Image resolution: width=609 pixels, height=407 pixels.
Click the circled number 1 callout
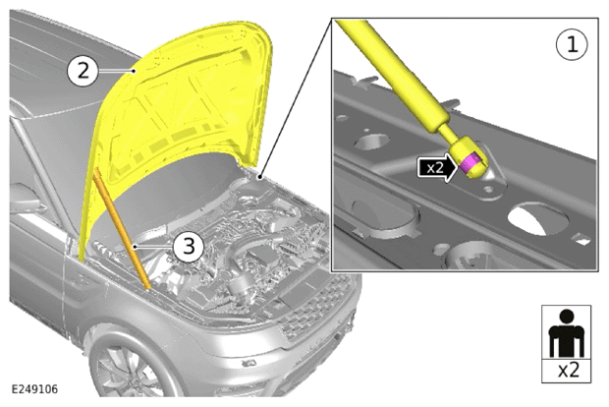[572, 44]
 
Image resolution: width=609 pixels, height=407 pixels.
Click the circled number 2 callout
[83, 71]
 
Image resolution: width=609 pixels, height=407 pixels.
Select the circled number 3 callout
[189, 246]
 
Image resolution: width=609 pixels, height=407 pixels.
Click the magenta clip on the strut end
[470, 161]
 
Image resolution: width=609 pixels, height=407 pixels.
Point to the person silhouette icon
[567, 333]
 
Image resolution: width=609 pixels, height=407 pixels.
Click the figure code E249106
[34, 389]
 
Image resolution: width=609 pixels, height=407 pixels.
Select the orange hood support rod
[122, 229]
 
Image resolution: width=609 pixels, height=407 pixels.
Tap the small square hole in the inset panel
[582, 239]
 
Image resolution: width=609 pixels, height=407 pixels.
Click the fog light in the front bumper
[249, 364]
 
